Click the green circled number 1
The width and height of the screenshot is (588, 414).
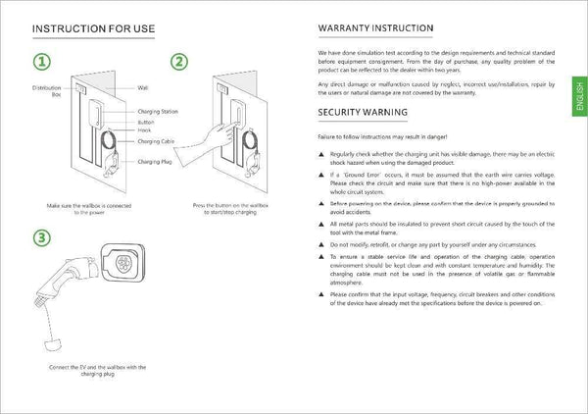pos(42,62)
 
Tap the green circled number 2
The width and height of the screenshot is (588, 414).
pos(178,62)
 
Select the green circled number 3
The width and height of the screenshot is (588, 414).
pos(42,237)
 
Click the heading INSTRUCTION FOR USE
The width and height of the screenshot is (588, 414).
pos(94,27)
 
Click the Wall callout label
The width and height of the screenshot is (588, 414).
pos(143,87)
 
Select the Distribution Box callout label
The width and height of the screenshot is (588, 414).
pos(47,91)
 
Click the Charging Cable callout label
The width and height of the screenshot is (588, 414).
pos(155,141)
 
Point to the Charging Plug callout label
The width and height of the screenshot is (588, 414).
pos(154,161)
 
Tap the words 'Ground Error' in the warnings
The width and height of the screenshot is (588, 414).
pos(361,173)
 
